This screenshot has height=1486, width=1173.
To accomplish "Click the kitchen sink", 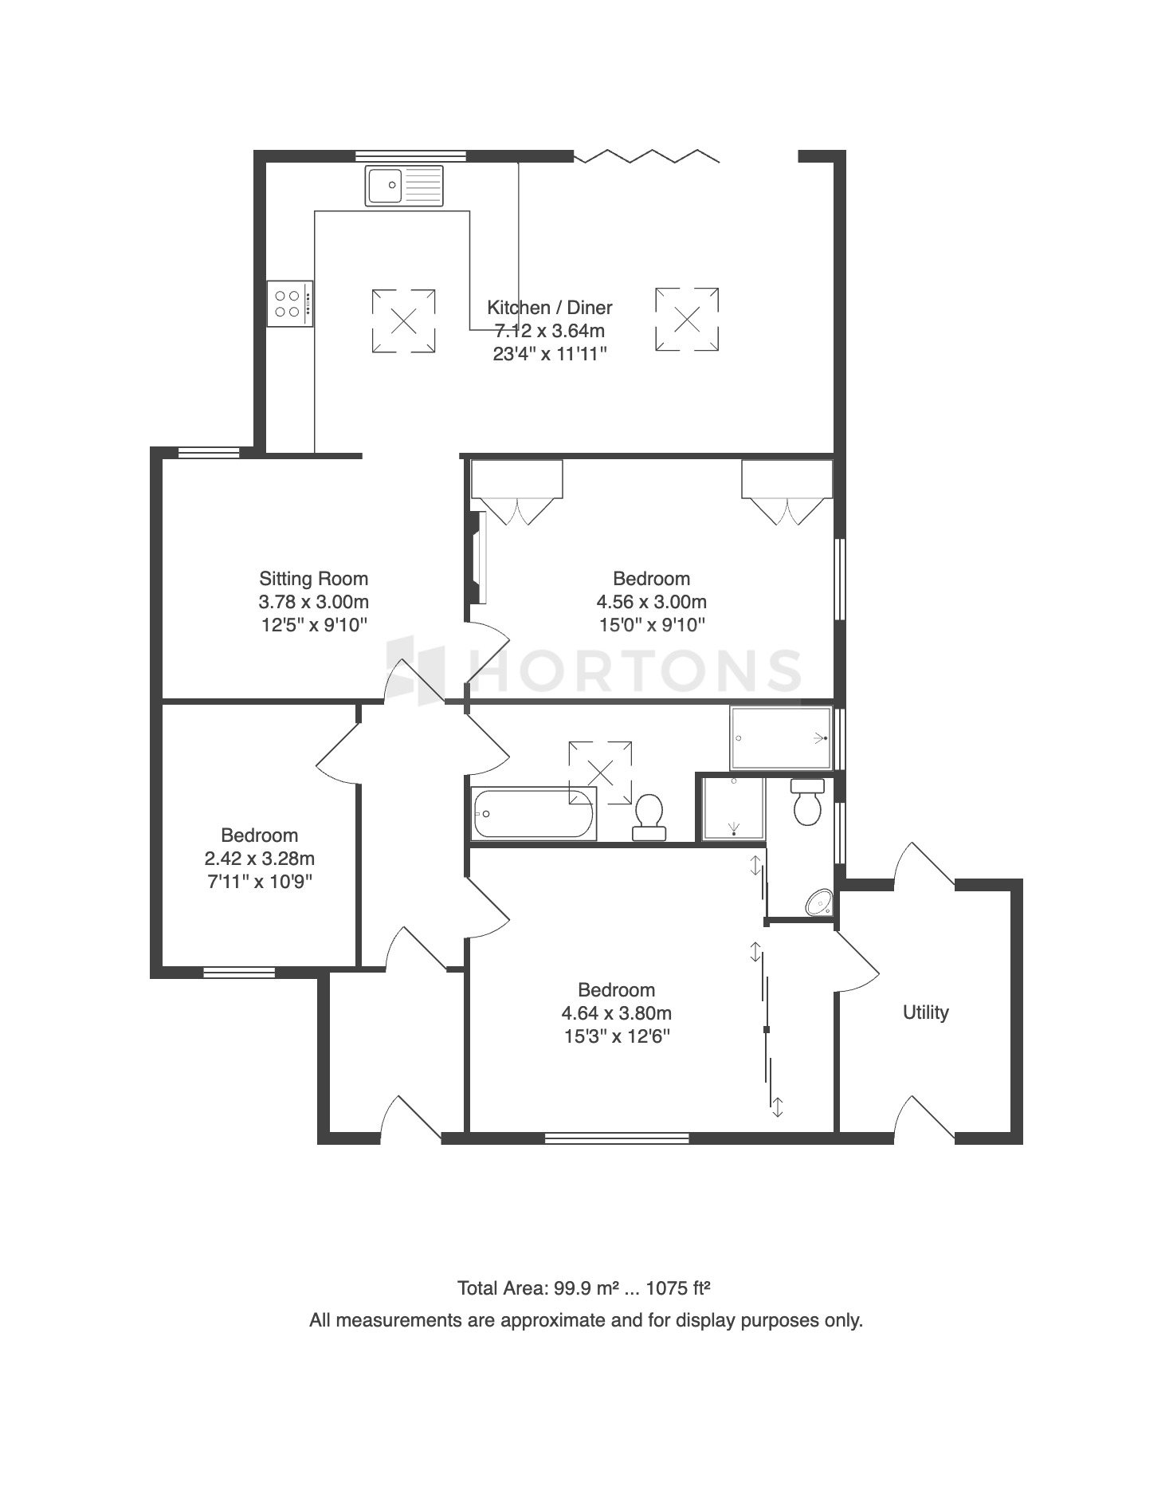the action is click(x=404, y=186).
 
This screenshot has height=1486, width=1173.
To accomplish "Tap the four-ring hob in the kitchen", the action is click(x=290, y=304).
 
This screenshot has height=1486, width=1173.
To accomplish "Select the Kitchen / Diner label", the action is click(x=550, y=308).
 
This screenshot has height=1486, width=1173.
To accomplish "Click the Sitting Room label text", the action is click(x=314, y=579).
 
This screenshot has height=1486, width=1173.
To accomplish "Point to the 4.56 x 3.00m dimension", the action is click(x=652, y=602).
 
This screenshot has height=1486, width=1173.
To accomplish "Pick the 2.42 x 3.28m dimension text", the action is click(x=260, y=859).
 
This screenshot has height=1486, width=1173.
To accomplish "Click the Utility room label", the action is click(x=926, y=1012).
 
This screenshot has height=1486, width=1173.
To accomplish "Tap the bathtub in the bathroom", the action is click(x=533, y=813).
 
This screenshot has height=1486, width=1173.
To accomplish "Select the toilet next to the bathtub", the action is click(x=649, y=817).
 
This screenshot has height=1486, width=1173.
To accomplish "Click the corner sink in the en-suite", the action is click(x=819, y=902).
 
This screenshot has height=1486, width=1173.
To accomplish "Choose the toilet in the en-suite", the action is click(x=807, y=802).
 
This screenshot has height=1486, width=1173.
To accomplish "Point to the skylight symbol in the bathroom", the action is click(x=600, y=772).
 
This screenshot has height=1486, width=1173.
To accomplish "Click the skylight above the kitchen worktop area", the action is click(x=404, y=321).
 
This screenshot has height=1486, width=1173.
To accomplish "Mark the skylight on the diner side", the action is click(x=687, y=320).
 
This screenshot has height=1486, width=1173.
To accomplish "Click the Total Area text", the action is click(x=584, y=1288).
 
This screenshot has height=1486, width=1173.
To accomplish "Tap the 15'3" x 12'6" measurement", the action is click(x=617, y=1036).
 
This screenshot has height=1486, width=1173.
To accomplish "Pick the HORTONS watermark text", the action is click(x=594, y=670).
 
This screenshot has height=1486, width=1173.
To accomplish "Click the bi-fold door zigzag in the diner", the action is click(x=647, y=155).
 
